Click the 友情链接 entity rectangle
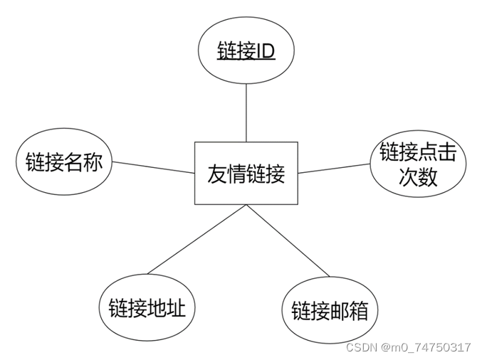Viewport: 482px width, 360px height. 246,173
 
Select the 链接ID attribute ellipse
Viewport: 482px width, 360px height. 246,52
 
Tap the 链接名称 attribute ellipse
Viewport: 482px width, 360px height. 64,162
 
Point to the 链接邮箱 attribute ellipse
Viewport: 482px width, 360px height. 330,311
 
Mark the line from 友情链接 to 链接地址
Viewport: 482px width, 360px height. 196,239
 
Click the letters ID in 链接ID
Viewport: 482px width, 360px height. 265,52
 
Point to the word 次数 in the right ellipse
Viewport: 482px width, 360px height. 417,177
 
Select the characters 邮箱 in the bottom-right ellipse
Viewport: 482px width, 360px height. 349,311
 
